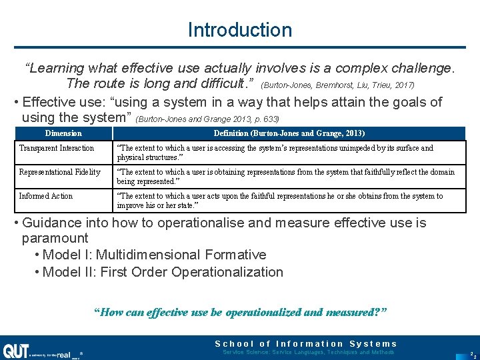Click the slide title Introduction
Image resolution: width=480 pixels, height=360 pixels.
(240, 30)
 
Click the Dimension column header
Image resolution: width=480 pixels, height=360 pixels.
(63, 133)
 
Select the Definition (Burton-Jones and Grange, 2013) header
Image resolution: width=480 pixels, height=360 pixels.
(289, 133)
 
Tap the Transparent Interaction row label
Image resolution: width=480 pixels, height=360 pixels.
(57, 148)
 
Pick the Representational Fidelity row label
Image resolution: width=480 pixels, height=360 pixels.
(59, 172)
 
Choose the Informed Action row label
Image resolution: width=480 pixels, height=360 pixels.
(46, 196)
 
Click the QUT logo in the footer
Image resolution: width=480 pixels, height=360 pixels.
(16, 351)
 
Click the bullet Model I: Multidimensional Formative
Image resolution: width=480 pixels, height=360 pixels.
(154, 255)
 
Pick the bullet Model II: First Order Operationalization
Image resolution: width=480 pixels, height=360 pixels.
(163, 272)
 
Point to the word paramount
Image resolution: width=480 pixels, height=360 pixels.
(55, 238)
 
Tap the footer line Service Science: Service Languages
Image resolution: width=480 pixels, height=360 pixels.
(308, 352)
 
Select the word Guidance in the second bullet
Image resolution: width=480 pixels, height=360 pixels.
(52, 223)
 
